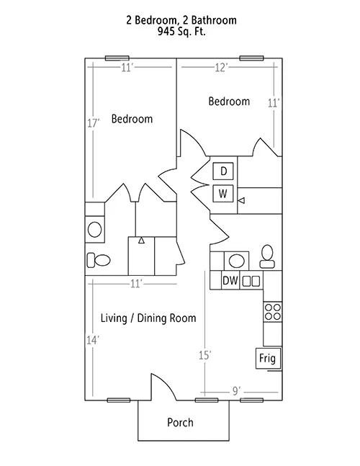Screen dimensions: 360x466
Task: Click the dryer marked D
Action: (x=223, y=171)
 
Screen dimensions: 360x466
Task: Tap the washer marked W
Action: (x=223, y=194)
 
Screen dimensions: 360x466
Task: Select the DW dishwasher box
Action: (x=230, y=280)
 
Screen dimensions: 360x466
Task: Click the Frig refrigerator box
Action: (x=268, y=358)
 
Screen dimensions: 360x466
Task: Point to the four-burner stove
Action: (x=273, y=312)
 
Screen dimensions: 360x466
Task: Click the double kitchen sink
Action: (x=251, y=281)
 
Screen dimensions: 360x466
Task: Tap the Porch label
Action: (x=180, y=422)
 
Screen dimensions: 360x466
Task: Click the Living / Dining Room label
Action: (x=148, y=318)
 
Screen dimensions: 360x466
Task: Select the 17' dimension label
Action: (x=93, y=122)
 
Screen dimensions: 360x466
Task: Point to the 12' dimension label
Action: (x=221, y=68)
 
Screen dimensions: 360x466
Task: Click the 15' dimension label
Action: (x=205, y=355)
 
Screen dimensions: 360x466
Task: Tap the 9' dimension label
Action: (x=236, y=391)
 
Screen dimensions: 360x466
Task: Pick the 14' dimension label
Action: (x=93, y=340)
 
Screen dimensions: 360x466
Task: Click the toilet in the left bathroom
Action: (x=99, y=260)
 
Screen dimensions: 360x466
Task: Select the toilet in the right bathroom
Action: (x=267, y=256)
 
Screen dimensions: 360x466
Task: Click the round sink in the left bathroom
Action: (x=95, y=230)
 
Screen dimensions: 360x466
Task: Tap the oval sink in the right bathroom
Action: (x=237, y=261)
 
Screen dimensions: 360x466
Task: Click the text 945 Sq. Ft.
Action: (x=181, y=32)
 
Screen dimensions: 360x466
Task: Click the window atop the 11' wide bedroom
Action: (x=117, y=58)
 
